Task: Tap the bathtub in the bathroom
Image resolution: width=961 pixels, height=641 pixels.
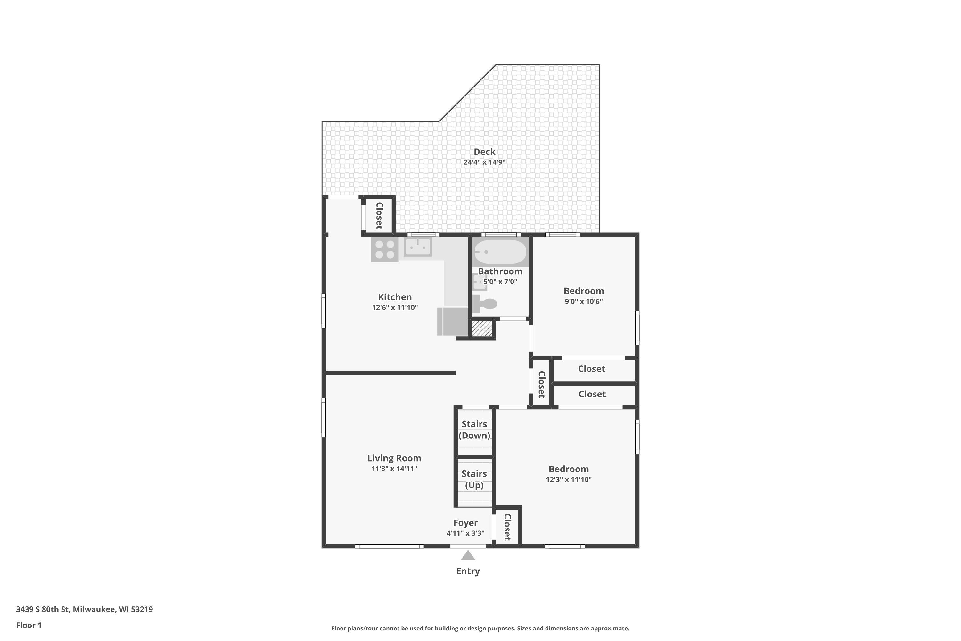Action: click(500, 252)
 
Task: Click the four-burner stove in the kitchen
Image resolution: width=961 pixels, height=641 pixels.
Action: click(384, 249)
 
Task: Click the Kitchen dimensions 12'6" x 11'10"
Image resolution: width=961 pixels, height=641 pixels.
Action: click(395, 307)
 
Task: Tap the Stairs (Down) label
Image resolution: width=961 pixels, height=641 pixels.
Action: click(474, 430)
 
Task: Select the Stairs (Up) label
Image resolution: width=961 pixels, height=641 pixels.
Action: click(474, 479)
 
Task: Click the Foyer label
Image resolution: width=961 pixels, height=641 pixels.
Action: click(465, 523)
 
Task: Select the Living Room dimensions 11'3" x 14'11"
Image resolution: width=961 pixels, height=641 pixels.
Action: click(394, 469)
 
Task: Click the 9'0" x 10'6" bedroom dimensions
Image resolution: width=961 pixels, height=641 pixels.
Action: click(583, 301)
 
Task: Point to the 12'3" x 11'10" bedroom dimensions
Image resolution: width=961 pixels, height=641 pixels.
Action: click(568, 479)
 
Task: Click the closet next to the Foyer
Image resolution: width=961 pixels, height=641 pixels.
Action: click(507, 527)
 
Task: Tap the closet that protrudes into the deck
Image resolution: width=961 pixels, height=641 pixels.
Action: click(379, 215)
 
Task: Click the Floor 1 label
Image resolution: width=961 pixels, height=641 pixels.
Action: click(29, 625)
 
